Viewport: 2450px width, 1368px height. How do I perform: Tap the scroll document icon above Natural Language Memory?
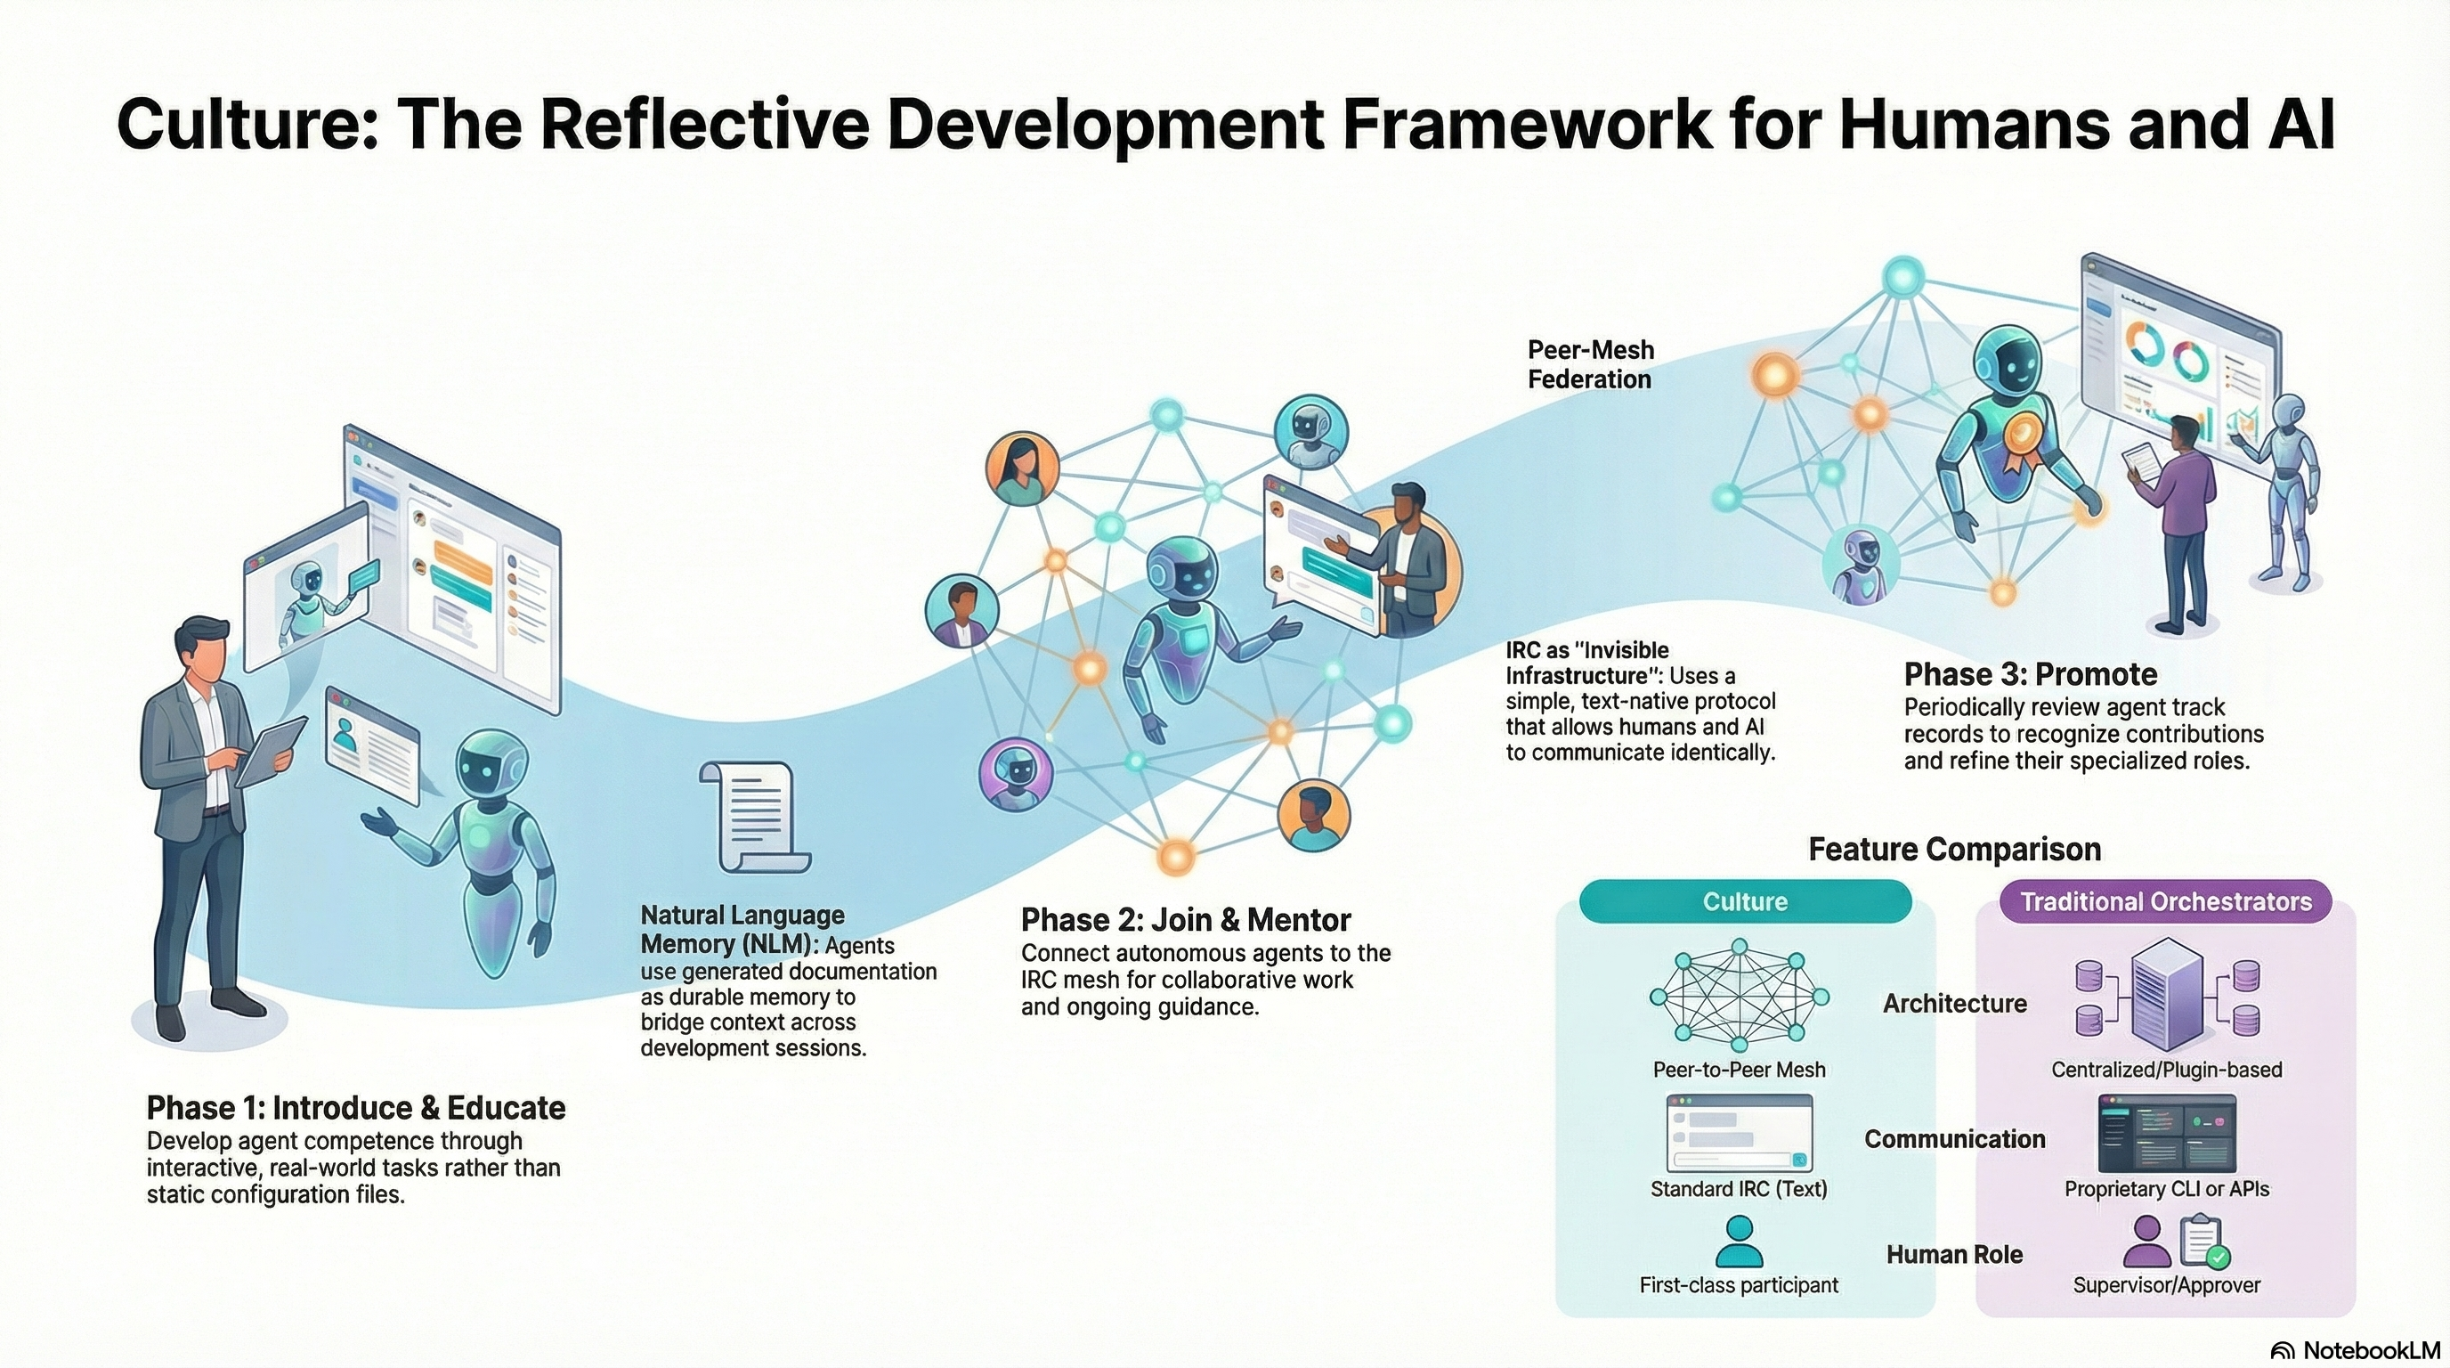(755, 815)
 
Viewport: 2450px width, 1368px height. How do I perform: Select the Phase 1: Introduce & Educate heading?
(356, 1108)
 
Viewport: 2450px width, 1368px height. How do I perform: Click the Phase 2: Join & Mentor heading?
(1185, 920)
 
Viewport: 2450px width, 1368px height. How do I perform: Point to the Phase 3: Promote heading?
(2030, 674)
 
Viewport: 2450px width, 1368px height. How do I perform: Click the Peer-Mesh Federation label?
(1590, 364)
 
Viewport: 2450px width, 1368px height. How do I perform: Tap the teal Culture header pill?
(1744, 902)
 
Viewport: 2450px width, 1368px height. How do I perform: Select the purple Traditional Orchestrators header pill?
(2165, 902)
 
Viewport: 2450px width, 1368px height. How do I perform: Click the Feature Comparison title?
(1953, 849)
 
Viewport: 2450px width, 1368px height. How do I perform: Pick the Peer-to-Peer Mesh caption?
(1739, 1070)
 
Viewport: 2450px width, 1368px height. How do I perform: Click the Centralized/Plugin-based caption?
(2166, 1070)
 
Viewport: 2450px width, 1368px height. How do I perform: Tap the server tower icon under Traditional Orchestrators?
(2167, 994)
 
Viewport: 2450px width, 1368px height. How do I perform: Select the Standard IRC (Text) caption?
(1739, 1189)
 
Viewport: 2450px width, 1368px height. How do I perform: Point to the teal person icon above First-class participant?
(1739, 1242)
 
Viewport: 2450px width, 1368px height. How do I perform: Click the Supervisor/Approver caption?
(2166, 1285)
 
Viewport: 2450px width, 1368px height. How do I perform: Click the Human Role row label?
(1953, 1255)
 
